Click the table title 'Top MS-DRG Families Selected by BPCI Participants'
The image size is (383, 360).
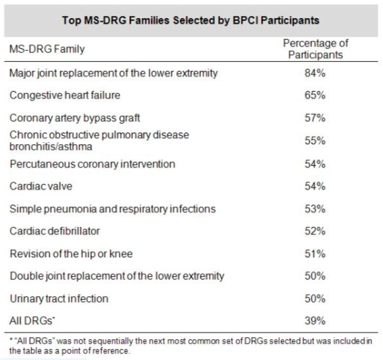point(191,20)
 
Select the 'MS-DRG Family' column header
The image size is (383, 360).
point(47,49)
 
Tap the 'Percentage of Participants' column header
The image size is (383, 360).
point(315,49)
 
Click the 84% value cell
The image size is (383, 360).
point(315,73)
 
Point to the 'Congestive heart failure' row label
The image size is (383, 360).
point(65,95)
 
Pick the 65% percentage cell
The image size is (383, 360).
point(315,95)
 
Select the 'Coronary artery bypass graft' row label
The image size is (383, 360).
point(75,118)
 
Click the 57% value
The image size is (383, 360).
point(315,118)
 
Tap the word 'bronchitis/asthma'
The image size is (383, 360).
point(51,146)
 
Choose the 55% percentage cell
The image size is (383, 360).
point(315,141)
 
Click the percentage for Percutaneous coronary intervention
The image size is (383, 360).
point(315,164)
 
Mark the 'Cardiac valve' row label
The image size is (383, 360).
point(41,187)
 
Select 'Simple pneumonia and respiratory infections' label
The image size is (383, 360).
point(112,209)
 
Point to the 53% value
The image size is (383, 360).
point(315,209)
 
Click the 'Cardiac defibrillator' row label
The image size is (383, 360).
point(55,231)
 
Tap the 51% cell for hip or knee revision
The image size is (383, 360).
point(315,254)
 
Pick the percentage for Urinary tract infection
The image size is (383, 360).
point(315,299)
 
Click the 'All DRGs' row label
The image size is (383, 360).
point(32,320)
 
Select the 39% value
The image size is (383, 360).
point(315,320)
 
